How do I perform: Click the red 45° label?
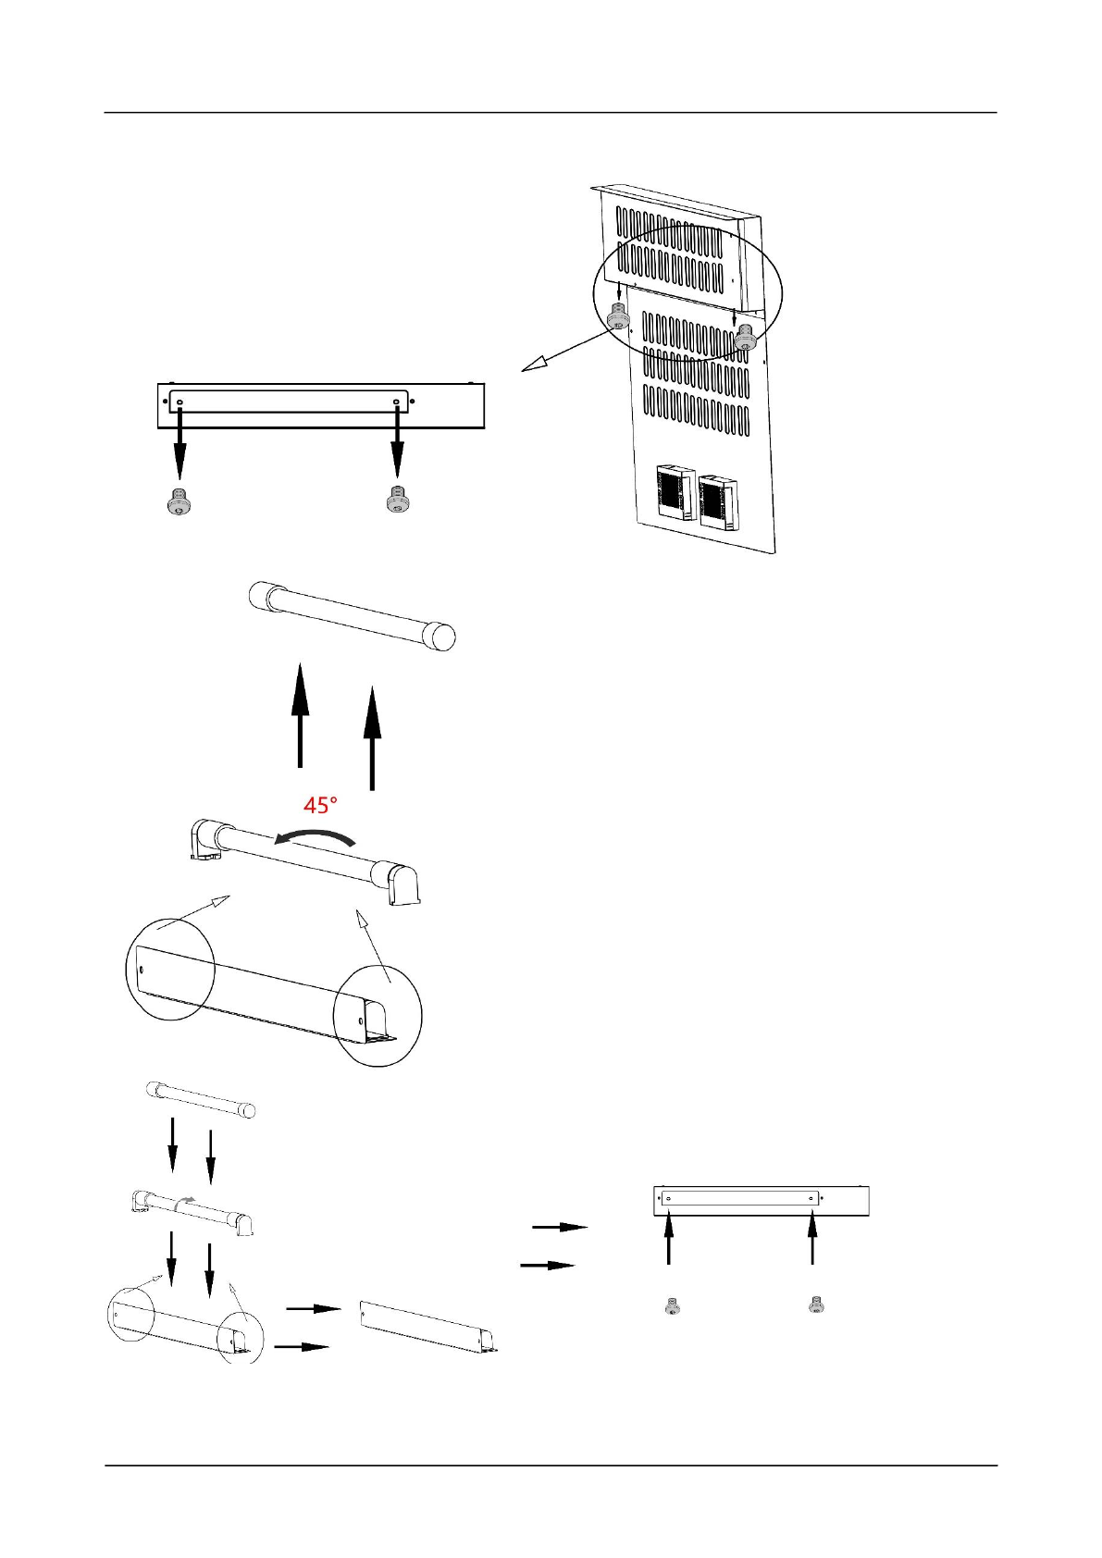pyautogui.click(x=320, y=805)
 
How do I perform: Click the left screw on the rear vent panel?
pyautogui.click(x=618, y=319)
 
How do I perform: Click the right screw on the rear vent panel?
pyautogui.click(x=746, y=340)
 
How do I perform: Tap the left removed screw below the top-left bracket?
pyautogui.click(x=179, y=502)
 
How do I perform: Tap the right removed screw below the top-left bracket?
pyautogui.click(x=397, y=500)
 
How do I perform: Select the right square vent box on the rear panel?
pyautogui.click(x=718, y=501)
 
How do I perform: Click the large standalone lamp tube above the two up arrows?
pyautogui.click(x=353, y=615)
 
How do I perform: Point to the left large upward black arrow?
pyautogui.click(x=300, y=714)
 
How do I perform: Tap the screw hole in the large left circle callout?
pyautogui.click(x=141, y=970)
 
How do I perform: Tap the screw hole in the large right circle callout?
pyautogui.click(x=361, y=1021)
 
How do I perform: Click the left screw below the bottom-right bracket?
pyautogui.click(x=673, y=1306)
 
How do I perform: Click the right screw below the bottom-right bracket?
pyautogui.click(x=816, y=1304)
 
